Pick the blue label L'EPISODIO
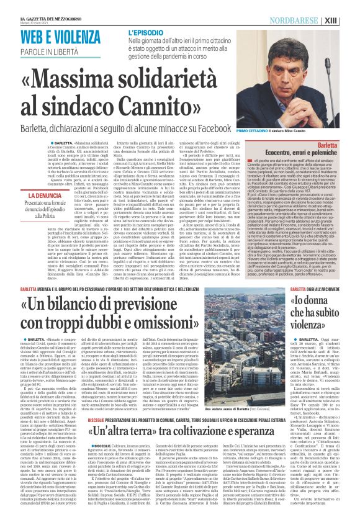[148, 32]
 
